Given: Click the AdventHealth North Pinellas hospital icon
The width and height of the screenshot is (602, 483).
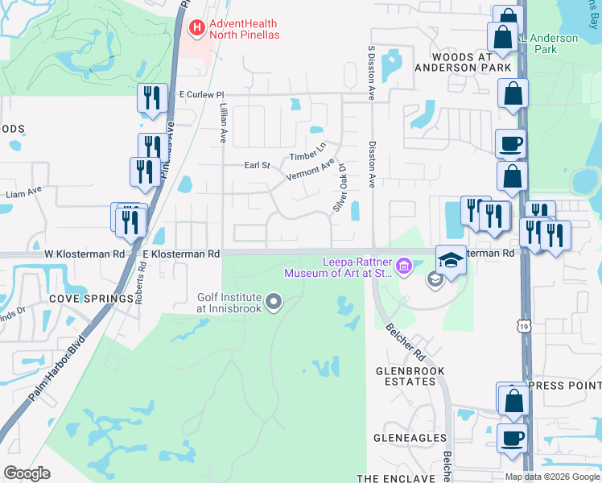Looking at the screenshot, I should click(x=196, y=29).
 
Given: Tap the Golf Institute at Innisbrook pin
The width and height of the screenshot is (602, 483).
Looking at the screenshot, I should click(x=274, y=303).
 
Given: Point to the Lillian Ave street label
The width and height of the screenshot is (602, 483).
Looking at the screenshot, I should click(x=222, y=118).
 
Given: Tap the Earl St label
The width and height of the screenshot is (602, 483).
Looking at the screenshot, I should click(x=257, y=165).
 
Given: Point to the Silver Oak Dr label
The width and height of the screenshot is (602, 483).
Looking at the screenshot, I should click(x=340, y=188).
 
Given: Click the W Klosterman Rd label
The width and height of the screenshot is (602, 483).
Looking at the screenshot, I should click(x=85, y=254).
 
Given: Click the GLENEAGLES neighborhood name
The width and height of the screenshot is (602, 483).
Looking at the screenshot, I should click(x=410, y=437).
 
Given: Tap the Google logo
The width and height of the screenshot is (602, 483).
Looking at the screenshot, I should click(x=27, y=473).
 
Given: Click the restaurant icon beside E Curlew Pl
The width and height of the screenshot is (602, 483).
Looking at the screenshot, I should click(x=151, y=98).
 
